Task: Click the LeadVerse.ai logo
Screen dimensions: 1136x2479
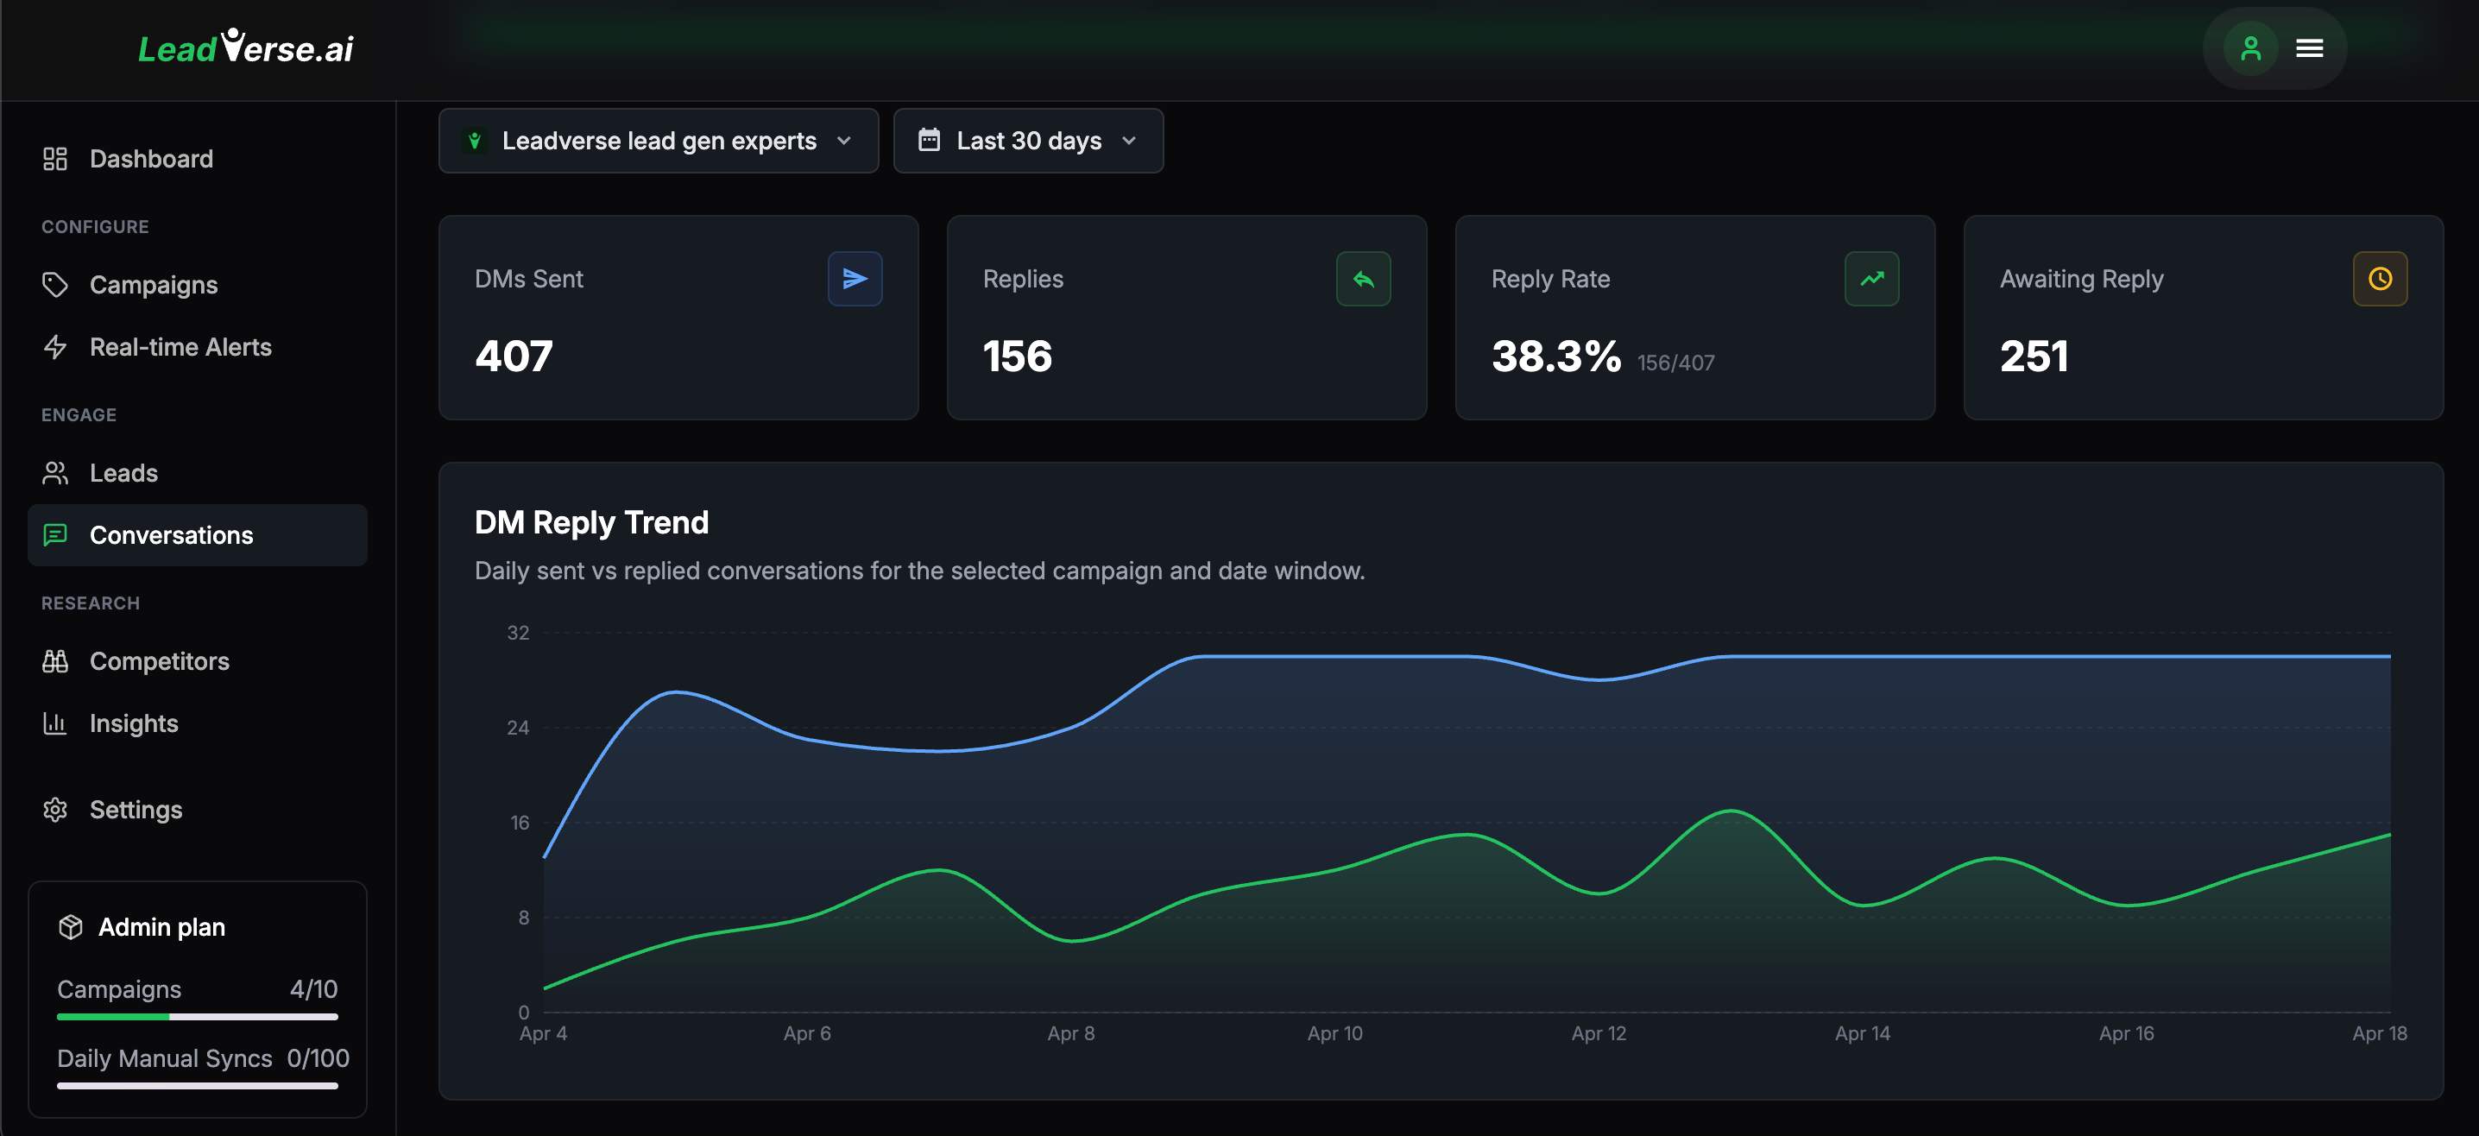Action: pyautogui.click(x=245, y=48)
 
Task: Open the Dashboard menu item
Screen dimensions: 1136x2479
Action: pyautogui.click(x=150, y=159)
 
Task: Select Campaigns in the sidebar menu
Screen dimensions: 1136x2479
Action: pyautogui.click(x=153, y=285)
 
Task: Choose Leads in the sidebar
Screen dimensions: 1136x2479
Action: pyautogui.click(x=123, y=473)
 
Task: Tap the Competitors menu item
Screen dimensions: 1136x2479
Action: pyautogui.click(x=159, y=661)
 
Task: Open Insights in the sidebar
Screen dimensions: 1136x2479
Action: pyautogui.click(x=134, y=723)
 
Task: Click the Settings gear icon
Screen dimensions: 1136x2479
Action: pyautogui.click(x=55, y=810)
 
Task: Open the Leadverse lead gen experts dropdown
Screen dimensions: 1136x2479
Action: pyautogui.click(x=659, y=141)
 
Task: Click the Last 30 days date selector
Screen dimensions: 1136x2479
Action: pyautogui.click(x=1028, y=141)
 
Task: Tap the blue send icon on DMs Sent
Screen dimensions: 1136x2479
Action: pyautogui.click(x=855, y=278)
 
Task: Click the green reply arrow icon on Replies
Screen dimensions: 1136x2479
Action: pyautogui.click(x=1363, y=278)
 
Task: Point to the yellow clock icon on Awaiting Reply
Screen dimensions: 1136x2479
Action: pyautogui.click(x=2379, y=278)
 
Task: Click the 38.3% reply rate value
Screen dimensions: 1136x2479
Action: pyautogui.click(x=1555, y=357)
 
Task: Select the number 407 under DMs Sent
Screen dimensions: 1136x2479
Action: pyautogui.click(x=514, y=357)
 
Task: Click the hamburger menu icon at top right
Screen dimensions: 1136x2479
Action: pyautogui.click(x=2310, y=48)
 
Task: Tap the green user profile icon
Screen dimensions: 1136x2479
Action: pyautogui.click(x=2250, y=48)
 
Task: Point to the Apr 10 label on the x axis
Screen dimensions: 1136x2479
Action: pyautogui.click(x=1334, y=1033)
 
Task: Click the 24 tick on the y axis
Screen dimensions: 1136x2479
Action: pyautogui.click(x=518, y=728)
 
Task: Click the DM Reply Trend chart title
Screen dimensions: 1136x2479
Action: pyautogui.click(x=591, y=521)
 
